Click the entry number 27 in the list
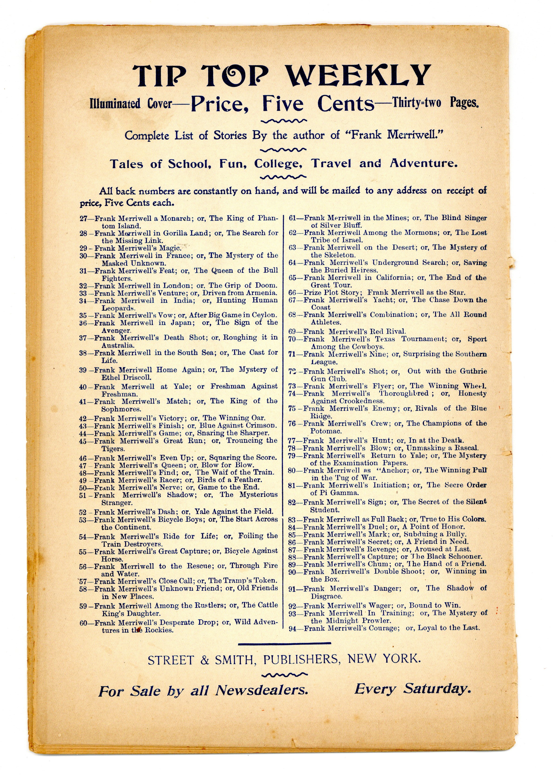pos(84,218)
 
